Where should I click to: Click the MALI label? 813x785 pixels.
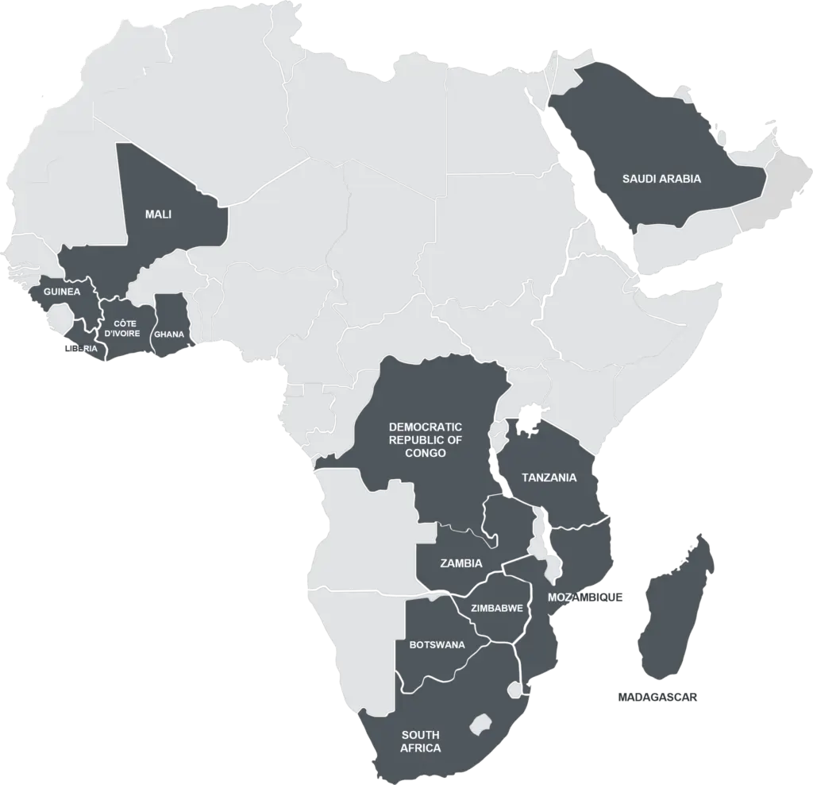coord(158,215)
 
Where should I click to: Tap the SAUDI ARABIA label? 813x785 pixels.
coord(661,179)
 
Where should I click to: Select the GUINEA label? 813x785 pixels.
coord(62,292)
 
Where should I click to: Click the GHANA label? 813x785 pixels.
coord(169,334)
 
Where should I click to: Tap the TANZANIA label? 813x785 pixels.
coord(549,478)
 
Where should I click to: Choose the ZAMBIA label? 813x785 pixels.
coord(460,563)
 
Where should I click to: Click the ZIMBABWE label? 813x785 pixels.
coord(496,609)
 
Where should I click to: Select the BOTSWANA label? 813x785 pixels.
coord(437,644)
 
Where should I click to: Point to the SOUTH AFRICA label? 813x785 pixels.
coord(420,741)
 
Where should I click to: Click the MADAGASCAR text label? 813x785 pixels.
coord(657,697)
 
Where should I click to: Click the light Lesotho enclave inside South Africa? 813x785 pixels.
coord(479,725)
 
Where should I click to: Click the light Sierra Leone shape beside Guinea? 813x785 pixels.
coord(57,320)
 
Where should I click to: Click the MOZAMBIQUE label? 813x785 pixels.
coord(588,597)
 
